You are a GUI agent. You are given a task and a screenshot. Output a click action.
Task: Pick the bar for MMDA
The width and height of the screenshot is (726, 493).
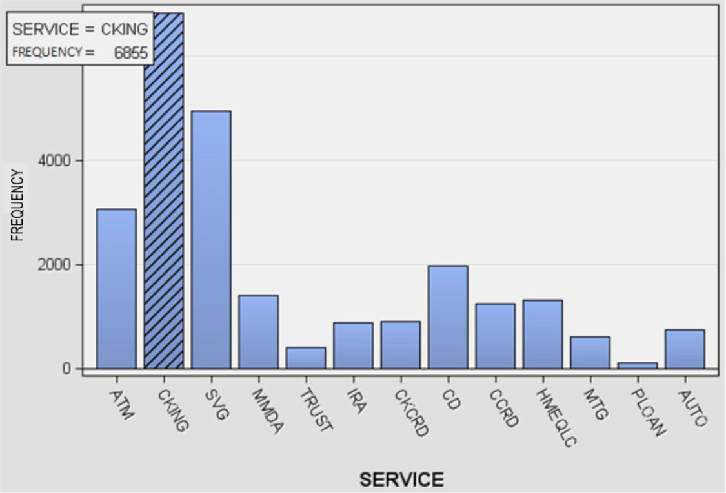click(x=258, y=332)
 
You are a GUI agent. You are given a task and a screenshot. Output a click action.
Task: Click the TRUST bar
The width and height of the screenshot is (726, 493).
click(x=306, y=358)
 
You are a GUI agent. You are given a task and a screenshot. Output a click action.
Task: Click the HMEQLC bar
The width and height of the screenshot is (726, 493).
click(x=543, y=334)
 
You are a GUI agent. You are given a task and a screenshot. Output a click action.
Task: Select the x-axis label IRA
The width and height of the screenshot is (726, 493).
click(x=356, y=402)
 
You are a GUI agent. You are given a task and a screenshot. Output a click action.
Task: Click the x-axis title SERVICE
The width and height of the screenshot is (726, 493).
click(x=401, y=479)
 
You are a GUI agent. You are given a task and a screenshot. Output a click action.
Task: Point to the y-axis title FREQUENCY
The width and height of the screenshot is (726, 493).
click(x=17, y=205)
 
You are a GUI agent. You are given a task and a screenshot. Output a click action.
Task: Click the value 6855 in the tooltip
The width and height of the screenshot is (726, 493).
click(x=131, y=53)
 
